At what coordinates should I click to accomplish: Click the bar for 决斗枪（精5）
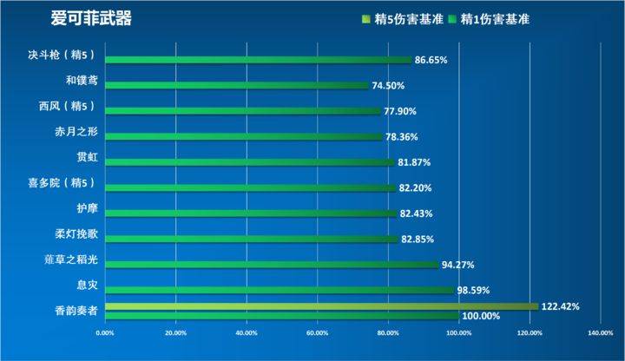pos(259,60)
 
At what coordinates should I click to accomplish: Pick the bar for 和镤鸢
pos(237,85)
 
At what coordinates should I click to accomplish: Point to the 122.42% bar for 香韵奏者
pos(321,305)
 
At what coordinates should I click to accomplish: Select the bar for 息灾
pos(280,290)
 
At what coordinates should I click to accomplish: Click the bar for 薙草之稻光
pos(272,265)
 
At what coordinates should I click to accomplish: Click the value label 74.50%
pos(388,86)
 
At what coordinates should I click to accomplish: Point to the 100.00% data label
pos(480,317)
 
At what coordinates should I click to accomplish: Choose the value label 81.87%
pos(414,162)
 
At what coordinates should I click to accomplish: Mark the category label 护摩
pos(88,208)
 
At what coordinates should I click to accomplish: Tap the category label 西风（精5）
pos(72,107)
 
